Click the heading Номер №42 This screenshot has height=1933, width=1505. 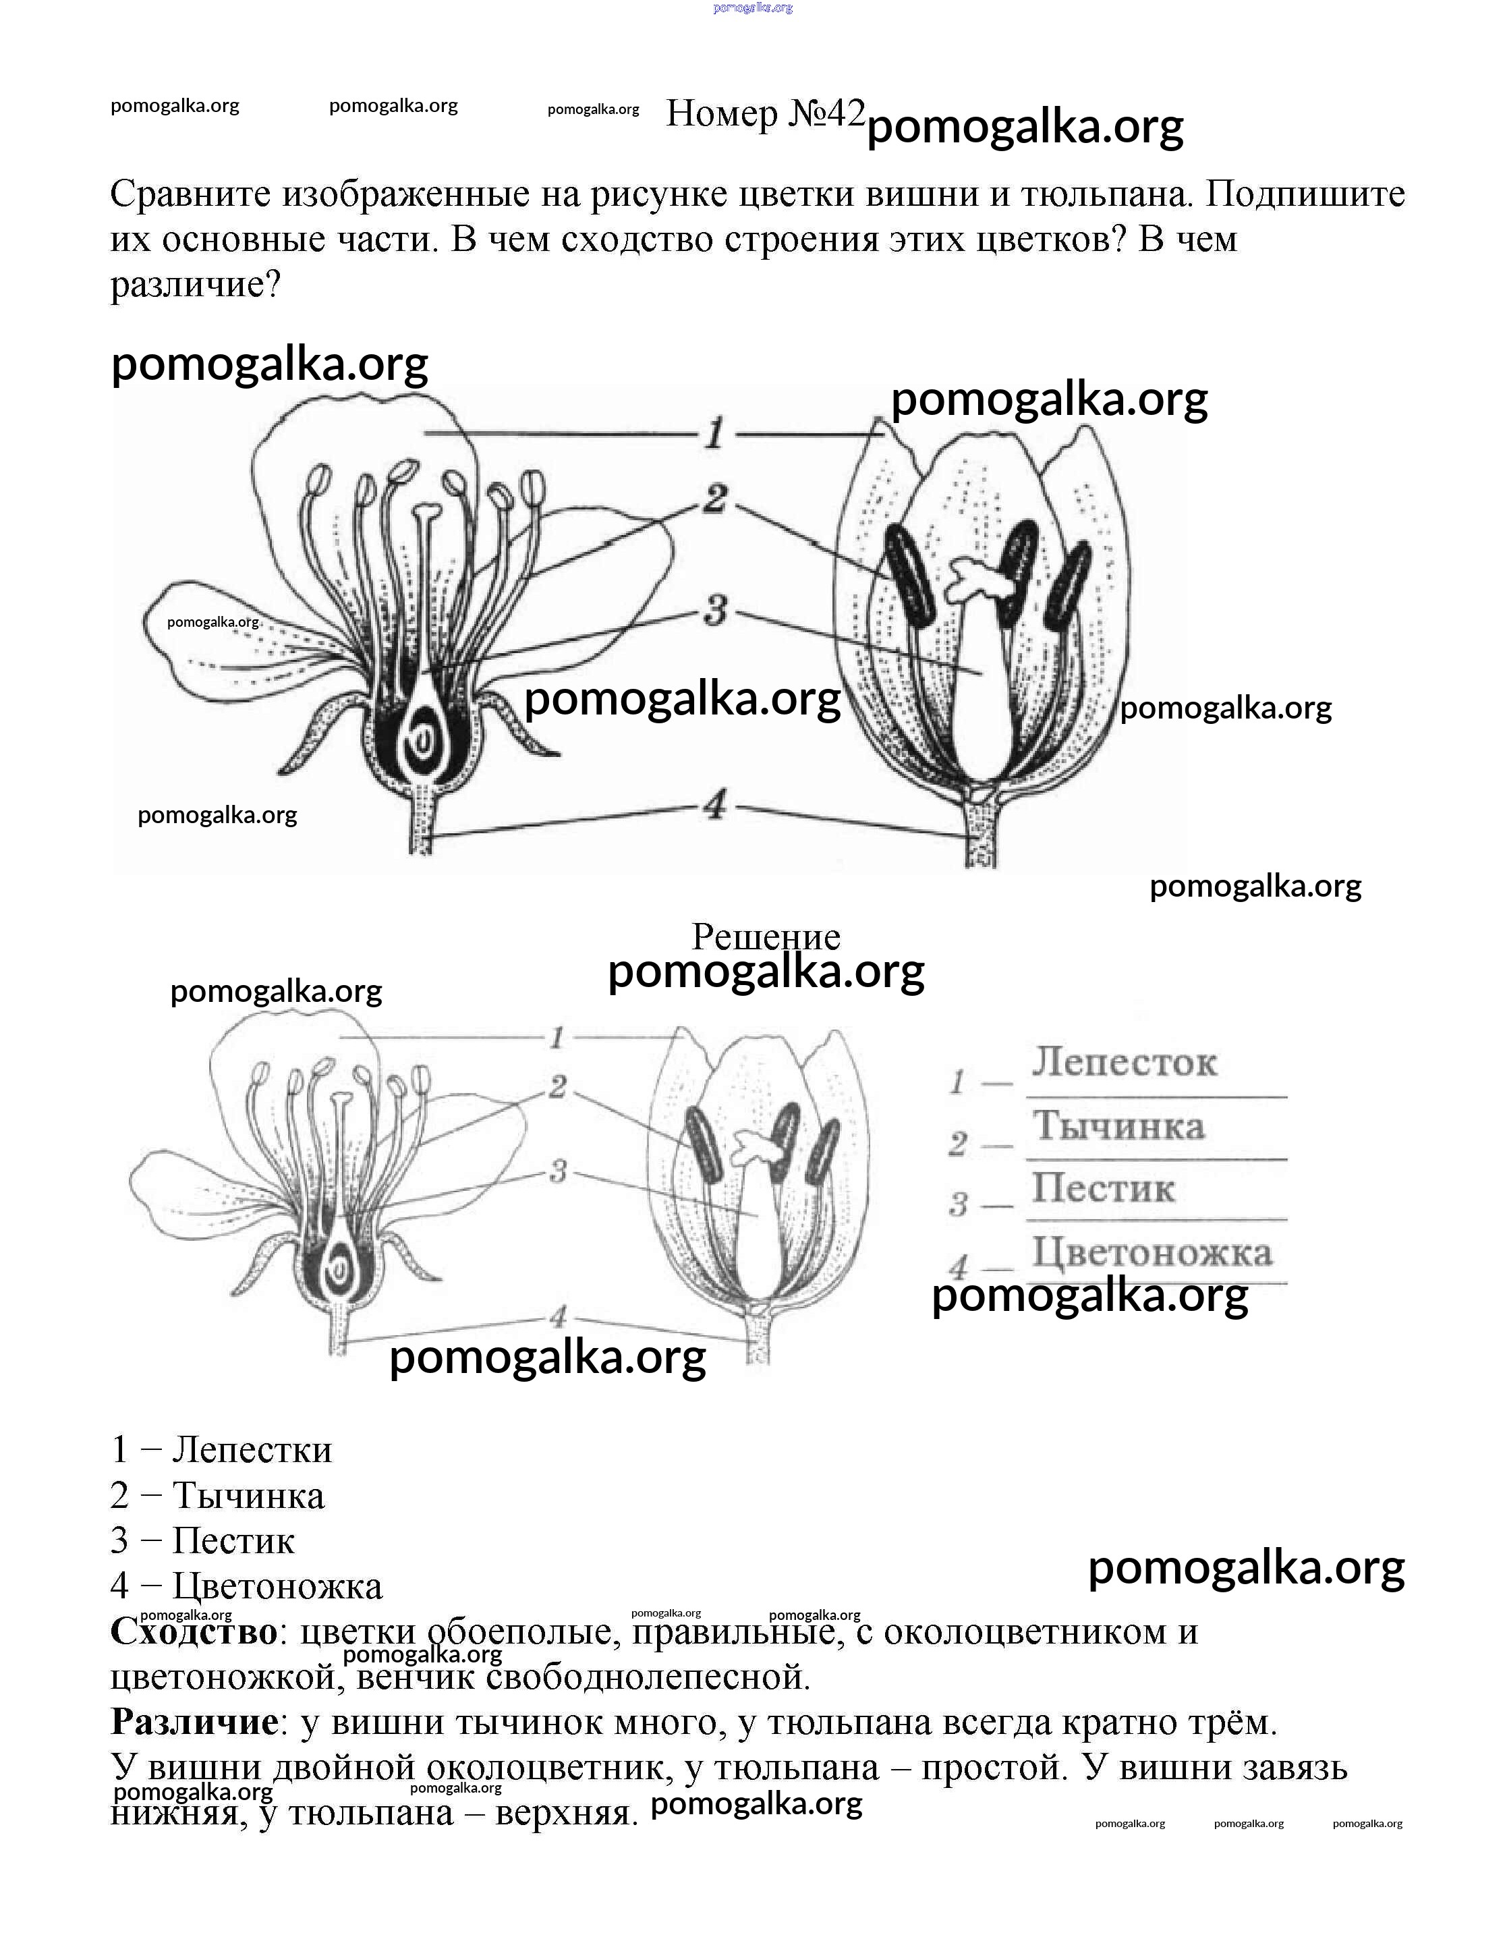coord(764,113)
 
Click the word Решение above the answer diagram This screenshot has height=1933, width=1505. coord(766,936)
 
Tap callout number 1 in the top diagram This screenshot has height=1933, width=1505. coord(715,434)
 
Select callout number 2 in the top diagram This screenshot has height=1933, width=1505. coord(715,499)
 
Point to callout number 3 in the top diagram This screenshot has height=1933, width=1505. coord(715,610)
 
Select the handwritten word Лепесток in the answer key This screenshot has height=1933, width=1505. coord(1124,1062)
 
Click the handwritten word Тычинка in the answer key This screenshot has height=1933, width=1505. coord(1119,1126)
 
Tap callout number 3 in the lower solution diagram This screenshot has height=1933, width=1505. coord(557,1171)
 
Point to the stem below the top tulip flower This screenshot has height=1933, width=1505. coord(982,832)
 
